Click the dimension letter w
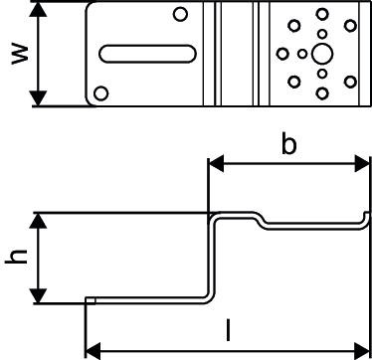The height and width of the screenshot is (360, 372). pyautogui.click(x=20, y=54)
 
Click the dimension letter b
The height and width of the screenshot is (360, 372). pyautogui.click(x=288, y=144)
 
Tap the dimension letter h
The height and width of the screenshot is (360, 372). pyautogui.click(x=16, y=257)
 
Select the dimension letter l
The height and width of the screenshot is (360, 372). pyautogui.click(x=228, y=330)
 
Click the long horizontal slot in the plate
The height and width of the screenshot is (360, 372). pyautogui.click(x=147, y=54)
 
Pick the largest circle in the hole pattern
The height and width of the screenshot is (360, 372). pyautogui.click(x=322, y=54)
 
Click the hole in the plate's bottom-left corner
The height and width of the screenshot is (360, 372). pyautogui.click(x=100, y=93)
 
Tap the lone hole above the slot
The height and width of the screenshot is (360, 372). pyautogui.click(x=180, y=14)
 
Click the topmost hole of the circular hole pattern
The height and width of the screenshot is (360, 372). pyautogui.click(x=322, y=14)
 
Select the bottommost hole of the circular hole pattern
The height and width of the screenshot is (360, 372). pyautogui.click(x=322, y=93)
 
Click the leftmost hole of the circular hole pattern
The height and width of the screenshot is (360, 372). pyautogui.click(x=282, y=54)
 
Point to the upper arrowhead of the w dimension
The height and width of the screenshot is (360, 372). pyautogui.click(x=39, y=9)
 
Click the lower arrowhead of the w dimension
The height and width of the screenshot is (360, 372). pyautogui.click(x=39, y=97)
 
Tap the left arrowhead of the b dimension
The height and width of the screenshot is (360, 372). pyautogui.click(x=216, y=165)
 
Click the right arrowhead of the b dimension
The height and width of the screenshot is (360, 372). pyautogui.click(x=361, y=163)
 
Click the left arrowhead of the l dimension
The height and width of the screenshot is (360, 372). pyautogui.click(x=93, y=351)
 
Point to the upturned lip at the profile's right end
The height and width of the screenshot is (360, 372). pyautogui.click(x=366, y=220)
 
